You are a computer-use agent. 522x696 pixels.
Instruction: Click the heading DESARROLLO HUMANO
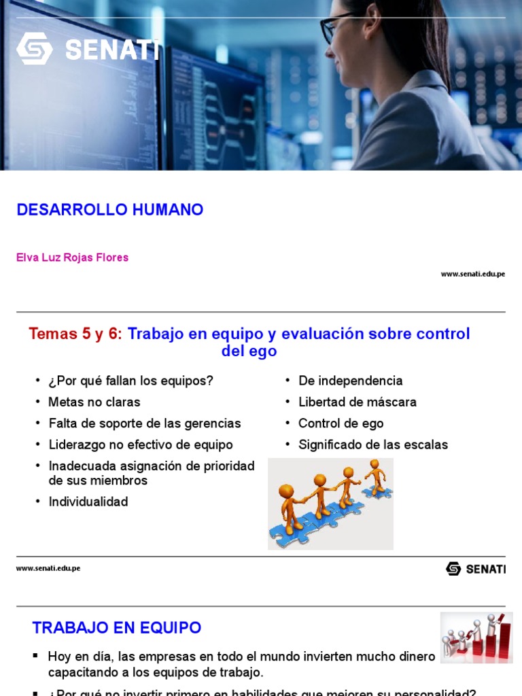(x=110, y=210)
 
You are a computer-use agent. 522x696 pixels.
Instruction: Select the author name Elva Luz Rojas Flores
(x=72, y=258)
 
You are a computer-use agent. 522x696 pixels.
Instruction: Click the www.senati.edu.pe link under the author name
(x=472, y=274)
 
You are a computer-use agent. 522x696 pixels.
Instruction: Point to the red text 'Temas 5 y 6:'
(x=75, y=334)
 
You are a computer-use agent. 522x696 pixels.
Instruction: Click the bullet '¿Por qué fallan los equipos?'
(x=130, y=381)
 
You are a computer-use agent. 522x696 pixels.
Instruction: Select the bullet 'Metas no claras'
(x=94, y=402)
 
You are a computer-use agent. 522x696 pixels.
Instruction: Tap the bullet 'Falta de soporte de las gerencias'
(x=145, y=423)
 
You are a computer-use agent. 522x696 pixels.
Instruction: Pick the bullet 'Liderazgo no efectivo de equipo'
(x=141, y=445)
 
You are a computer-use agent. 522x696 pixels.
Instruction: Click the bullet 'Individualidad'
(x=88, y=502)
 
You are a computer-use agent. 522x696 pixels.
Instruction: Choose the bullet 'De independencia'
(x=350, y=381)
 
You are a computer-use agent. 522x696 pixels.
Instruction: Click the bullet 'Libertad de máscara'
(x=358, y=402)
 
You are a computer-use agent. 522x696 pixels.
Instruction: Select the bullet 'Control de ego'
(x=341, y=423)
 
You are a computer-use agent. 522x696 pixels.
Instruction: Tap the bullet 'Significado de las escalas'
(x=373, y=445)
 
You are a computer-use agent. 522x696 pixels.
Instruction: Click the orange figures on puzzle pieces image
(x=330, y=503)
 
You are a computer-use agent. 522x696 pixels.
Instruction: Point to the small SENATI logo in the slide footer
(x=475, y=569)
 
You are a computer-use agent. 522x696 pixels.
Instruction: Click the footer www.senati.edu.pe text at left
(x=48, y=568)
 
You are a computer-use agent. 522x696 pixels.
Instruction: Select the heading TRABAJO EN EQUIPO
(x=117, y=627)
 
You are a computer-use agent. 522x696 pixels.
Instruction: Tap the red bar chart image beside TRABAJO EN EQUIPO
(x=476, y=637)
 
